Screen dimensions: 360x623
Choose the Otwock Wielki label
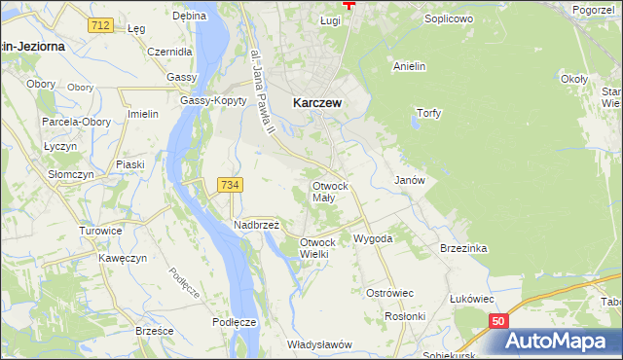point(317,248)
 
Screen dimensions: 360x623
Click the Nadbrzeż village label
point(256,225)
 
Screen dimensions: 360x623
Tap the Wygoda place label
point(373,238)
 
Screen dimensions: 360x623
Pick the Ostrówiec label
point(390,292)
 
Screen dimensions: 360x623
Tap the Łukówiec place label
point(471,298)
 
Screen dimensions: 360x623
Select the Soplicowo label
point(449,18)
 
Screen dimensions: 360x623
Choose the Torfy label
point(428,113)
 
